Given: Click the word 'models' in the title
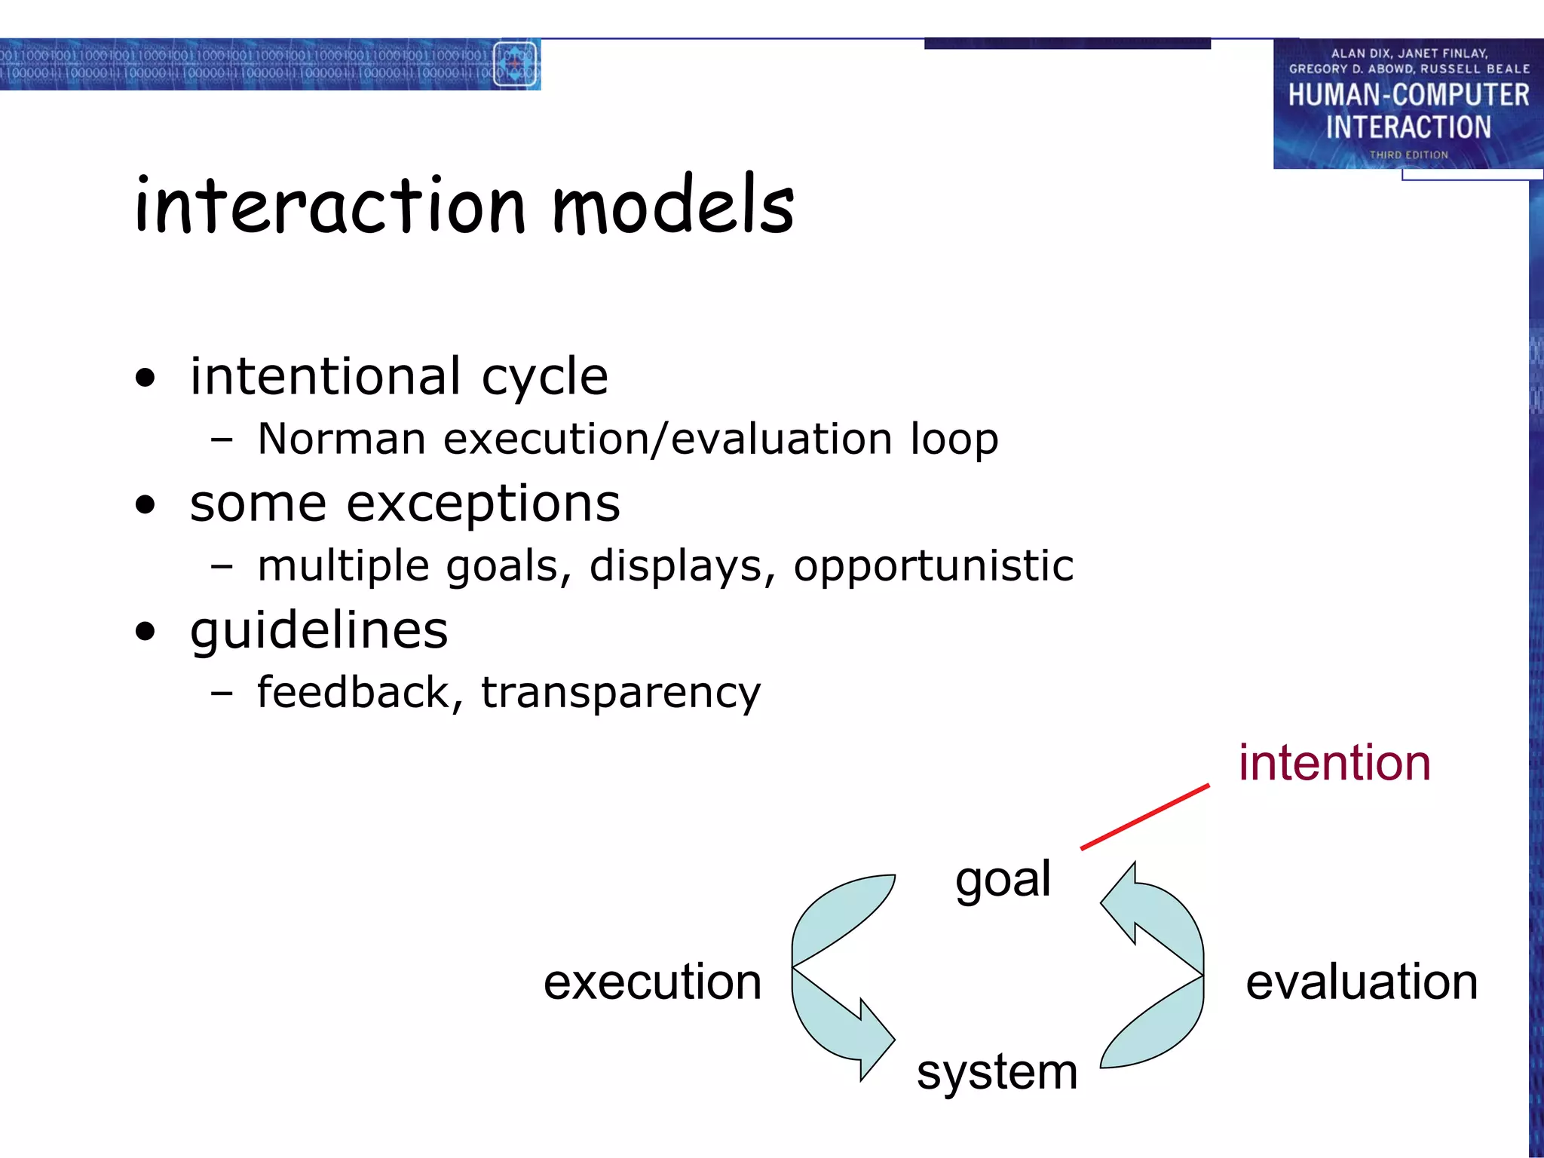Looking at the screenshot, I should coord(673,205).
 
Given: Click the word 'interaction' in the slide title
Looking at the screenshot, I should coord(329,205).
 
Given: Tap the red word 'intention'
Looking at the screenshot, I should coord(1334,763).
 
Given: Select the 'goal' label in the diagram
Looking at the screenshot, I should coord(1003,879).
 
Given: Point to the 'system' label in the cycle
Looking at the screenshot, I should coord(997,1072).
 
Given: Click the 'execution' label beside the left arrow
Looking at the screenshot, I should coord(652,982).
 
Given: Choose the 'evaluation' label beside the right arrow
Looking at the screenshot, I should coord(1362,982).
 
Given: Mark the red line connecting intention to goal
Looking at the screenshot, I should coord(1144,817).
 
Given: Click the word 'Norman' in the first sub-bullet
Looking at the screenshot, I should coord(342,439).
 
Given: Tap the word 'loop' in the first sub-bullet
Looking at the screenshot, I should coord(954,440).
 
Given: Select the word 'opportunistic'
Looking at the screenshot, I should coord(933,567).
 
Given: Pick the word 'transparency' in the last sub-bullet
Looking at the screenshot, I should coord(620,694).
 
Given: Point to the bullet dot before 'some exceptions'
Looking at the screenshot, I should coord(145,504).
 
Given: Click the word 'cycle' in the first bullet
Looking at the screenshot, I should coord(544,377).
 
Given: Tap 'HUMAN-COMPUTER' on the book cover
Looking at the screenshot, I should coord(1408,95).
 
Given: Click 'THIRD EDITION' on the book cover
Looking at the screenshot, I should coord(1408,155).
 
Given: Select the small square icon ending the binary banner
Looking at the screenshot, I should coord(515,64).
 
